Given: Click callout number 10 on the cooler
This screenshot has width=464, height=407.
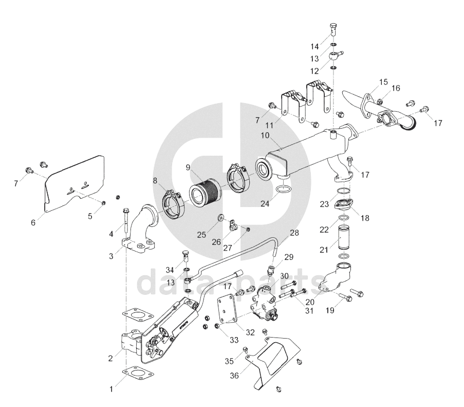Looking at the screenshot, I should [265, 136].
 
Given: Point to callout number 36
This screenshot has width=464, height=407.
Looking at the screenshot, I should [233, 376].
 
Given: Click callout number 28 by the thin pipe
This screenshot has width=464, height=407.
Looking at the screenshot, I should [294, 233].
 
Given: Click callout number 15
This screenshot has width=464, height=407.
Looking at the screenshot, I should [383, 82].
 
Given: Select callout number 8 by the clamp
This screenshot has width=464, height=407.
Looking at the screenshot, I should [155, 180].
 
